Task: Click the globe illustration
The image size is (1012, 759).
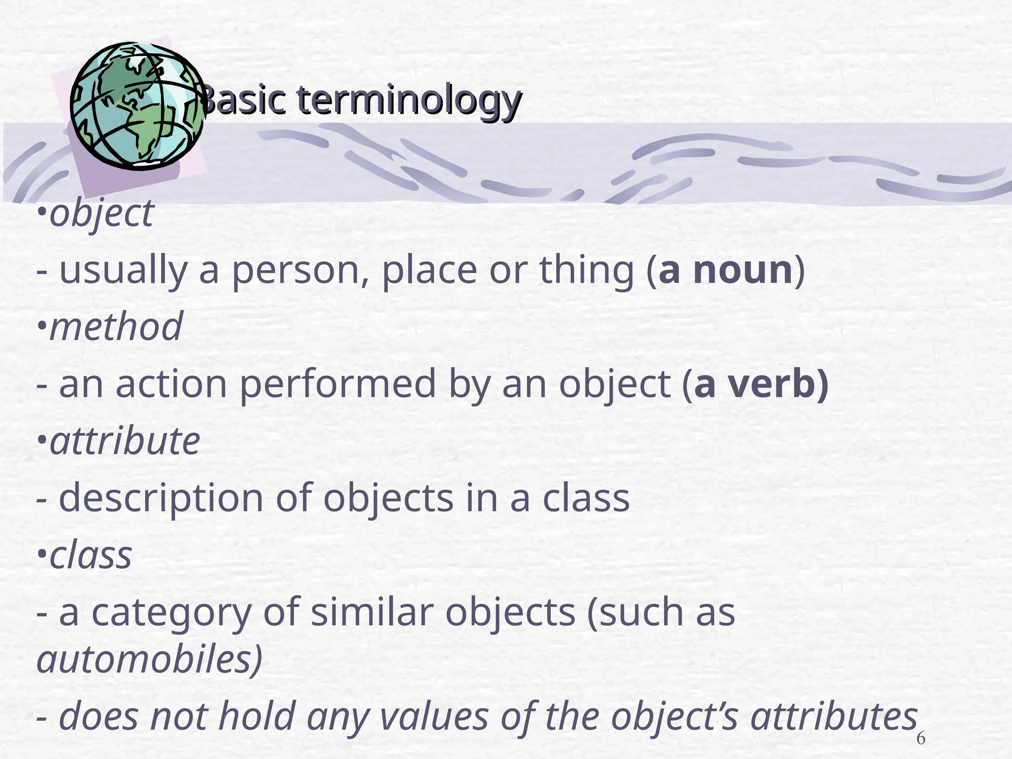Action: (137, 105)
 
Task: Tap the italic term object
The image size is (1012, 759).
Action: (102, 213)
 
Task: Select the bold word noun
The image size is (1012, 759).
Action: (743, 270)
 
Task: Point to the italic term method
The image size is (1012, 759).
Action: (116, 327)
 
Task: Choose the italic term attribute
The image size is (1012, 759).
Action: (125, 441)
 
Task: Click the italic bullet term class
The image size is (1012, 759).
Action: (90, 555)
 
